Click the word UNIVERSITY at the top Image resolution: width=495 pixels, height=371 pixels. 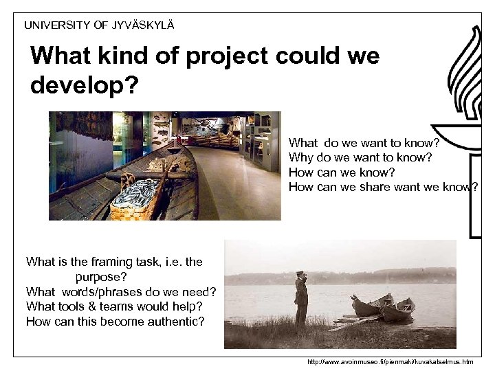point(57,25)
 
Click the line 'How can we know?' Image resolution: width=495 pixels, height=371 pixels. point(333,172)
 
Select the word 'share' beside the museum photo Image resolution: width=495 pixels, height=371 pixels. point(375,187)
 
